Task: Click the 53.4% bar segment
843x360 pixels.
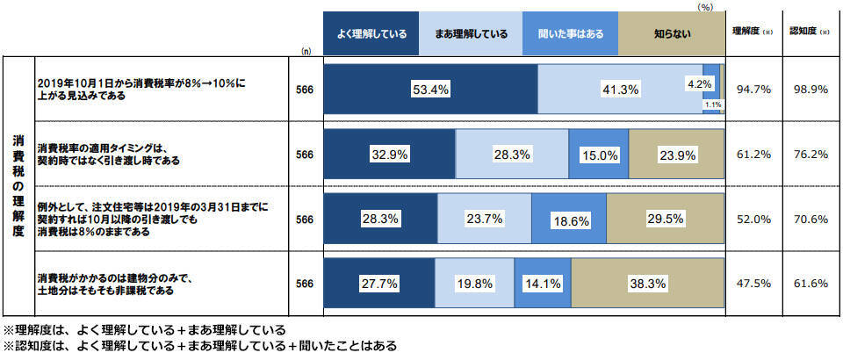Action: [430, 89]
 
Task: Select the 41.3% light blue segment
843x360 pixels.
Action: [619, 89]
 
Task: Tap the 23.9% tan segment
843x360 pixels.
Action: [677, 155]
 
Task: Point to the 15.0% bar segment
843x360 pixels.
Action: [600, 155]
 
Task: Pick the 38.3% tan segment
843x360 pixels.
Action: [647, 284]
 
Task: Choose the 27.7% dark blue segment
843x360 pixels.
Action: [380, 284]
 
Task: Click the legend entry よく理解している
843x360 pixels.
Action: [371, 34]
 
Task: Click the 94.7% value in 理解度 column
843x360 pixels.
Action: [754, 89]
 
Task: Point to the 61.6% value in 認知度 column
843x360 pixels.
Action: [812, 284]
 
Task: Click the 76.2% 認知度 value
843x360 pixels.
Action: [812, 155]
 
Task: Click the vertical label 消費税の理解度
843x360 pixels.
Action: [17, 186]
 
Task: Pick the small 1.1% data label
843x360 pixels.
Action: [712, 104]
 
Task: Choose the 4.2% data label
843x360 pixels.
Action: [699, 84]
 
